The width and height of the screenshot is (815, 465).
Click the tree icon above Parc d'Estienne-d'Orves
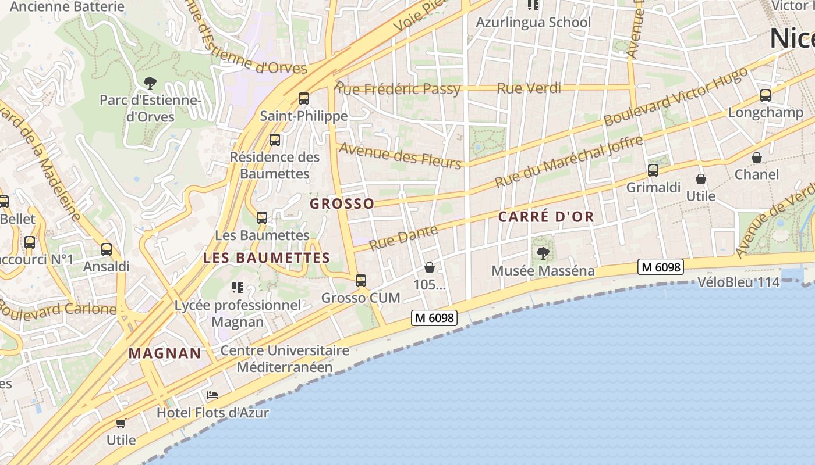(150, 83)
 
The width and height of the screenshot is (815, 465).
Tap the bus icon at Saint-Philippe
(303, 99)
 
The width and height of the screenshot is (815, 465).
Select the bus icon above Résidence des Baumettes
(274, 140)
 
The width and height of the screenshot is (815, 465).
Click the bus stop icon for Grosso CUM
(361, 281)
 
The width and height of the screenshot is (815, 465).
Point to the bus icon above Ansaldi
(107, 249)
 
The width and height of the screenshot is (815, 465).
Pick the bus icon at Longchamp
(766, 95)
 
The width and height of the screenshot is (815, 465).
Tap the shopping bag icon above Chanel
(757, 158)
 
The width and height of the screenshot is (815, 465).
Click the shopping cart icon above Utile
(121, 423)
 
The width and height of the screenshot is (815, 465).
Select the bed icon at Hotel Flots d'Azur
(212, 395)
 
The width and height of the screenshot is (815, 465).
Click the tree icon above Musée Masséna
(543, 253)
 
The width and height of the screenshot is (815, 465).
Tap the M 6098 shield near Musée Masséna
(660, 267)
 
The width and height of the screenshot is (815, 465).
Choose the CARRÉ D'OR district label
(546, 217)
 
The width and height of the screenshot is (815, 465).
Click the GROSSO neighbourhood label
(342, 203)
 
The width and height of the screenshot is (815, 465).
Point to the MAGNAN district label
(165, 353)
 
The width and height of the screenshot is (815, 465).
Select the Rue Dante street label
(403, 238)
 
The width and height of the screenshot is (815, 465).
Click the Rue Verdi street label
(529, 88)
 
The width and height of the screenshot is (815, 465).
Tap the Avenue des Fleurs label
(400, 155)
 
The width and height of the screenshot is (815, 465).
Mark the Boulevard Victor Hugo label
(676, 96)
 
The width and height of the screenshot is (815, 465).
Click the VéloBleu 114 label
(738, 283)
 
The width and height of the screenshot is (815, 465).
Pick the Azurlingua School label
(533, 23)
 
